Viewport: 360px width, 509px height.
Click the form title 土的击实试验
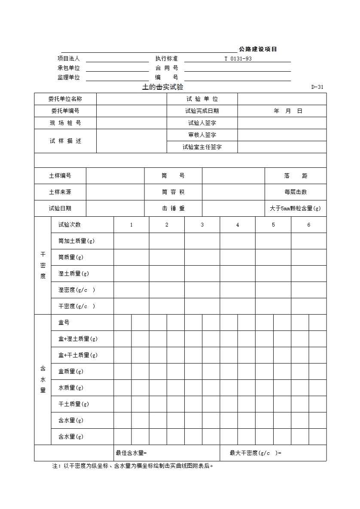click(162, 87)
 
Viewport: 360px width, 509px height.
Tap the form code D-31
click(317, 87)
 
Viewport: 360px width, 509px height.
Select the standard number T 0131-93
click(238, 59)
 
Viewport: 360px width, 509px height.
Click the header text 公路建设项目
click(258, 49)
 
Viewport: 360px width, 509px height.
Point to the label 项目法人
click(68, 59)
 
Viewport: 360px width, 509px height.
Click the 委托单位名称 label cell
click(65, 99)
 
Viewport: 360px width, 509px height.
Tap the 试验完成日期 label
click(202, 111)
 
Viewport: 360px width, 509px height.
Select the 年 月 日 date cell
click(288, 111)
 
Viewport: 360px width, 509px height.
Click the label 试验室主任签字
click(202, 147)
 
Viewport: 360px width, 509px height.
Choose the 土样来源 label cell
click(60, 192)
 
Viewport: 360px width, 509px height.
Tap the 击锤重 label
click(173, 209)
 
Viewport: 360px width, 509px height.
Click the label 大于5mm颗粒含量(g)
click(295, 209)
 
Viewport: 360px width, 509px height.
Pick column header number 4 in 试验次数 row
click(238, 225)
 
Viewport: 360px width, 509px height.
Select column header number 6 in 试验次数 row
click(308, 225)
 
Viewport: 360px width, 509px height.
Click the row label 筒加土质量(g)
click(76, 241)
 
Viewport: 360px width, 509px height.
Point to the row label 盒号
click(64, 323)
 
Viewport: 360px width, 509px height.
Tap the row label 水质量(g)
click(71, 388)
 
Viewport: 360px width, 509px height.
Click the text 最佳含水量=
click(131, 453)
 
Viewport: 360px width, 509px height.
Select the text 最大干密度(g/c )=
click(256, 453)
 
